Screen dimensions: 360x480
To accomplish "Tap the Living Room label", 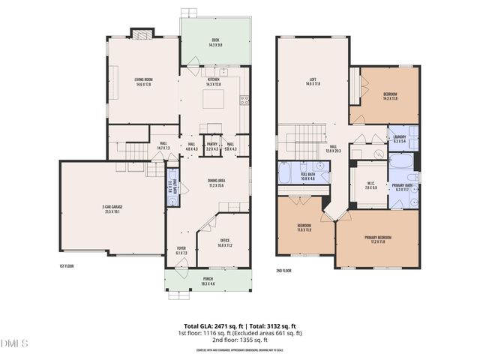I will tap(143, 82).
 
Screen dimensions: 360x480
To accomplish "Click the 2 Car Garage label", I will tap(110, 209).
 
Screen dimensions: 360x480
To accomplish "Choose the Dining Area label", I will tap(217, 182).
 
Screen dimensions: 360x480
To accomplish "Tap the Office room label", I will tap(225, 243).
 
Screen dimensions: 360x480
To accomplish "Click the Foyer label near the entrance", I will tap(181, 250).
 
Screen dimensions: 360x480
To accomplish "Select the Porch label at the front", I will tap(207, 280).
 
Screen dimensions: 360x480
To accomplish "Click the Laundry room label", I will tap(399, 138).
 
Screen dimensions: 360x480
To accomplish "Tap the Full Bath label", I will tap(308, 176).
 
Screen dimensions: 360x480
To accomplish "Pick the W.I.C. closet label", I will tap(370, 185).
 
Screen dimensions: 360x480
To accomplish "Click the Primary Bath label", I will tap(402, 187).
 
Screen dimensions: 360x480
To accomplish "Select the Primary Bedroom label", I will tap(376, 239).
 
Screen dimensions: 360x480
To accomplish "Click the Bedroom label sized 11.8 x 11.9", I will tap(304, 226).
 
